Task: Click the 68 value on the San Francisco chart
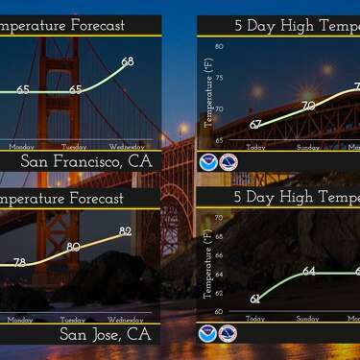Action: point(128,62)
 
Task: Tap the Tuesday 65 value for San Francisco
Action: point(75,90)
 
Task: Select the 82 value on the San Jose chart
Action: point(126,231)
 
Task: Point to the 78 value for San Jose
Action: point(20,262)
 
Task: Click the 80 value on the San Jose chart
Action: point(74,248)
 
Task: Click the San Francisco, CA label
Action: point(86,161)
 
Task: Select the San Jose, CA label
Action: point(106,334)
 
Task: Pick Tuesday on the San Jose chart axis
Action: point(74,319)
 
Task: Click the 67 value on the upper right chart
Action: point(255,125)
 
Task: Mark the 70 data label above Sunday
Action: point(308,107)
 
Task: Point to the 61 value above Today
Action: point(255,299)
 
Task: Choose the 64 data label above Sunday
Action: point(309,272)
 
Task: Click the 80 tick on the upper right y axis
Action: point(219,46)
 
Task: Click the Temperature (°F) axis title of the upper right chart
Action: point(207,92)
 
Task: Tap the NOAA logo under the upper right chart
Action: point(208,162)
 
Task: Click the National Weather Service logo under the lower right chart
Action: point(228,334)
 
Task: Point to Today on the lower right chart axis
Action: point(255,319)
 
